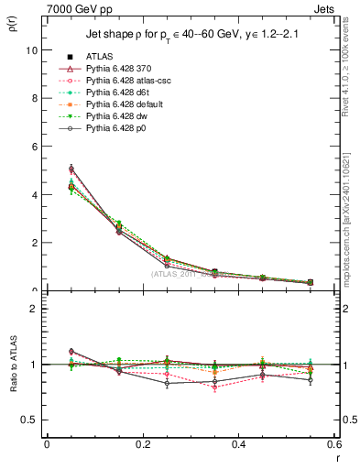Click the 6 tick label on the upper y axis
34,147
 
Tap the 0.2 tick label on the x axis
142,444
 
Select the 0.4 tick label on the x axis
238,444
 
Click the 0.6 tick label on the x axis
333,444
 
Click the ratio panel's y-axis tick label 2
34,309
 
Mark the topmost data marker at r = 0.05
71,168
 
